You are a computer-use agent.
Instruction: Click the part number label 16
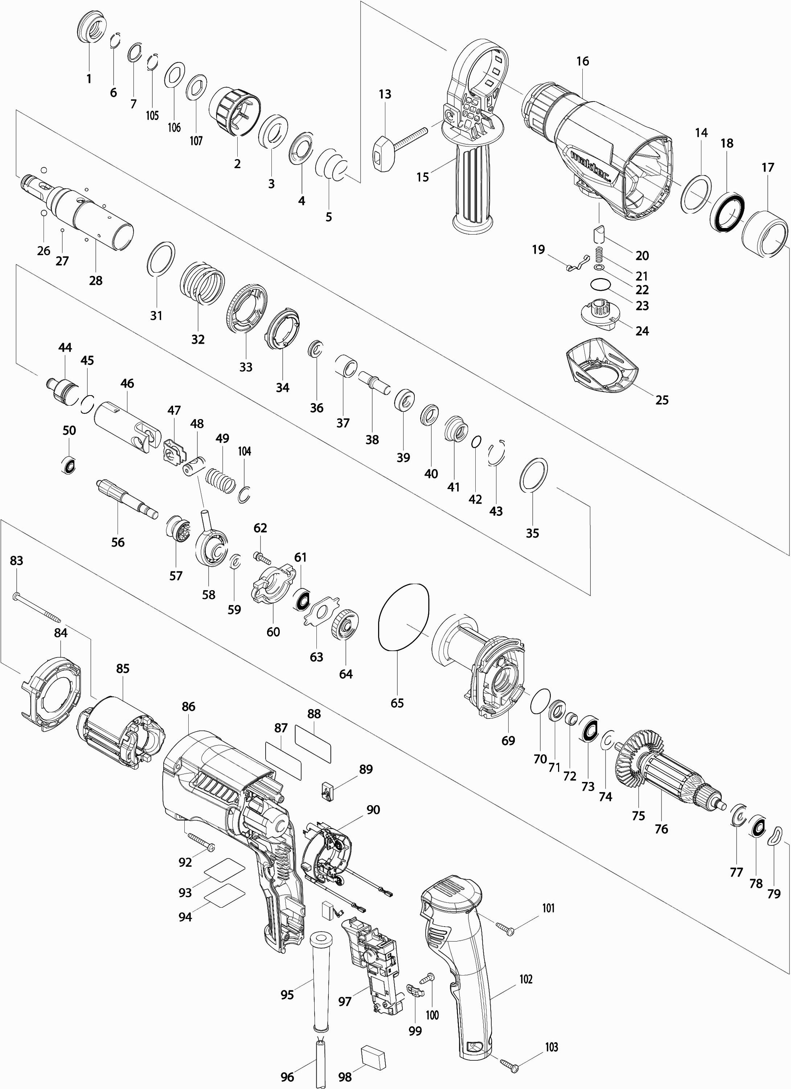pyautogui.click(x=582, y=62)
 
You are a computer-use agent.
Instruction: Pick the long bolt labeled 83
pyautogui.click(x=36, y=609)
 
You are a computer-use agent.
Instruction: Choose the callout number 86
pyautogui.click(x=188, y=706)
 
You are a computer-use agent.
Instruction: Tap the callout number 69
pyautogui.click(x=508, y=740)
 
